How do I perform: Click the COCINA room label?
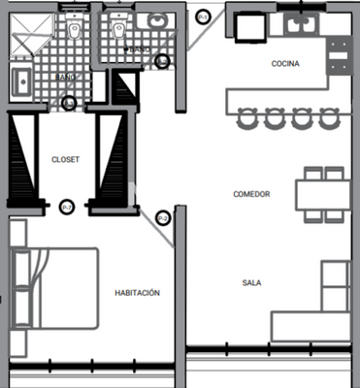[x=285, y=65]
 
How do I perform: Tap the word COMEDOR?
[x=251, y=194]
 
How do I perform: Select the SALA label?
[x=251, y=283]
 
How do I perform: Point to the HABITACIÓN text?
[x=137, y=292]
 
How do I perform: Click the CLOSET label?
[x=65, y=159]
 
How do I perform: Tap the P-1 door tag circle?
[x=202, y=16]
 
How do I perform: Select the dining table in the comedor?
[x=322, y=194]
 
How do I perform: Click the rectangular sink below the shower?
[x=20, y=81]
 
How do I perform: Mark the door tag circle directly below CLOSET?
[x=66, y=206]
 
